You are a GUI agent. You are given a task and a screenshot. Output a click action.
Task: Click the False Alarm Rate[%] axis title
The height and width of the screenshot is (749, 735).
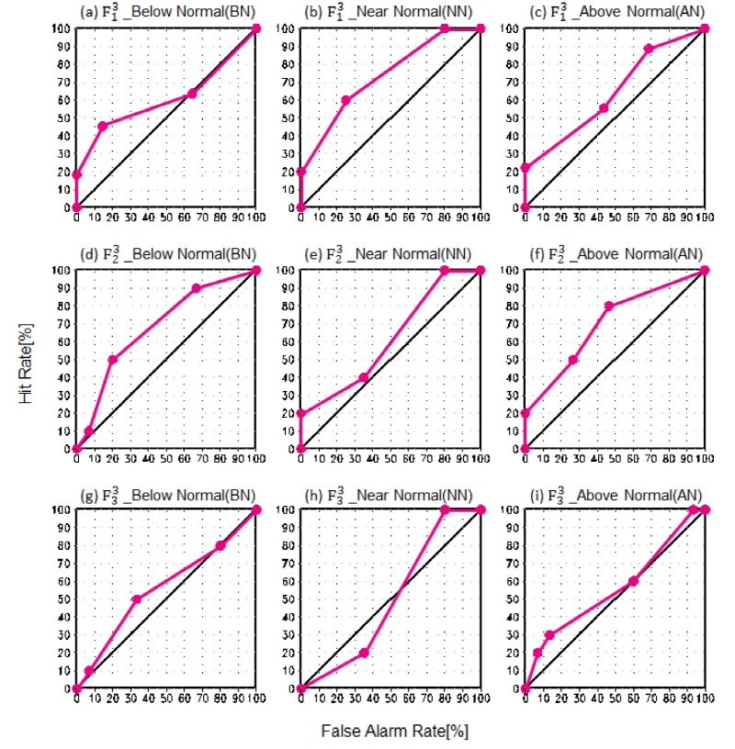(390, 732)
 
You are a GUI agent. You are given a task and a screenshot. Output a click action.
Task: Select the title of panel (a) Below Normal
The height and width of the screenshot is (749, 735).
(167, 11)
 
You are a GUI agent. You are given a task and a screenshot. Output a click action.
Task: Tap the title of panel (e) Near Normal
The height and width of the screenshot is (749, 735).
(390, 252)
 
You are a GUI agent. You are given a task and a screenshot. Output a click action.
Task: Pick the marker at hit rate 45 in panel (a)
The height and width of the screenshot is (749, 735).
(103, 126)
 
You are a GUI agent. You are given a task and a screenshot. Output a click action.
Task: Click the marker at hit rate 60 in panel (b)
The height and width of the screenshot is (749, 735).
(345, 99)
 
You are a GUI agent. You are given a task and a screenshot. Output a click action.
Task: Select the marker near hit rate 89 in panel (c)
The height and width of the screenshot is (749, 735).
(649, 48)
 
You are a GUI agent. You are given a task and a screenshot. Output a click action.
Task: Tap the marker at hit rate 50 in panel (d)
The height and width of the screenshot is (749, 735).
(112, 359)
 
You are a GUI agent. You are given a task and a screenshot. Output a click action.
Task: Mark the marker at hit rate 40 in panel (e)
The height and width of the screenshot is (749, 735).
(364, 377)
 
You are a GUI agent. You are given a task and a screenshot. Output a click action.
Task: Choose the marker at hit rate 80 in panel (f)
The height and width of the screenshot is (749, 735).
(608, 306)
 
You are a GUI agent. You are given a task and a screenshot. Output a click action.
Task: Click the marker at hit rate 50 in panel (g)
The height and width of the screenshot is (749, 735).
(136, 598)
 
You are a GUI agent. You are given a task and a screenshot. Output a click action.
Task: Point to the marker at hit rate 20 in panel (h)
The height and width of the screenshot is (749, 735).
(364, 653)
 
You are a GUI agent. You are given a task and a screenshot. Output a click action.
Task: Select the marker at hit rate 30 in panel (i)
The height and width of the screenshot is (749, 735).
(549, 634)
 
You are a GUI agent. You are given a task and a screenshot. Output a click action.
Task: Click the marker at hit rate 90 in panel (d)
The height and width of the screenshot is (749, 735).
(196, 288)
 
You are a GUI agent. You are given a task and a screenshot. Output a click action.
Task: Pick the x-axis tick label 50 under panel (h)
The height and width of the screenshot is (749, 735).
(390, 700)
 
